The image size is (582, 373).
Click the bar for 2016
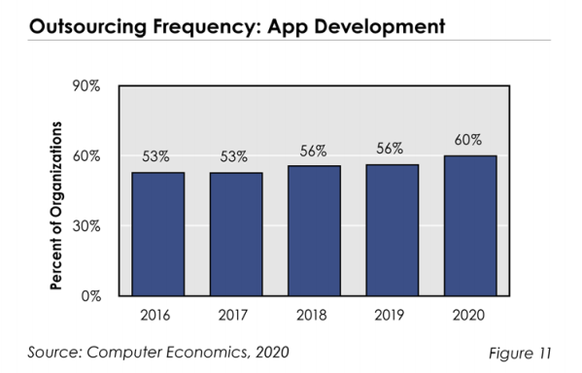158,234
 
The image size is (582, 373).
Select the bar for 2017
236,234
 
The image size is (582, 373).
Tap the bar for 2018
315,231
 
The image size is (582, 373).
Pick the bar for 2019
393,230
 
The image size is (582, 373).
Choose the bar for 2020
470,226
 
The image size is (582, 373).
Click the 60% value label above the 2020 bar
468,140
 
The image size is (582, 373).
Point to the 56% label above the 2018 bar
313,152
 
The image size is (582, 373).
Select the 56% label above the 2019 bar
390,149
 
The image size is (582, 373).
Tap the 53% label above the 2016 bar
155,156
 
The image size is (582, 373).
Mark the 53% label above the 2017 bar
234,156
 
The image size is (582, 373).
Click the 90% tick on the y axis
86,86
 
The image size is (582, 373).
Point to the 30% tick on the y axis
86,226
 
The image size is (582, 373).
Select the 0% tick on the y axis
91,296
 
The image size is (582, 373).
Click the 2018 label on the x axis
312,315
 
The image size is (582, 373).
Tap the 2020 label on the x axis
468,315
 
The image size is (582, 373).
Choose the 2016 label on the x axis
155,315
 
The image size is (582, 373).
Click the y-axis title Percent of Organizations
56,205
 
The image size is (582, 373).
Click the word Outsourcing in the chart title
87,27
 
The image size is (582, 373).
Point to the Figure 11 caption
520,353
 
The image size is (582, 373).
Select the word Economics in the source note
208,352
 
